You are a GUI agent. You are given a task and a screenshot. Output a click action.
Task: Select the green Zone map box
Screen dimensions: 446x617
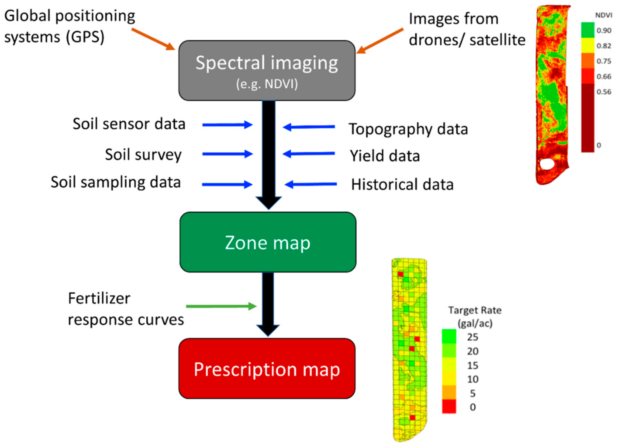[268, 242]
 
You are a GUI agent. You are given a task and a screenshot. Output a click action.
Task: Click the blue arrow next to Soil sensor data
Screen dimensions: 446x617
[227, 125]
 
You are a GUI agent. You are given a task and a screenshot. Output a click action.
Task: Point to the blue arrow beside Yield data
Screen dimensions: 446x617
[309, 154]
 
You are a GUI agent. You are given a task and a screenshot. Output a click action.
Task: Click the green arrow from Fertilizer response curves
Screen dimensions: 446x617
[221, 306]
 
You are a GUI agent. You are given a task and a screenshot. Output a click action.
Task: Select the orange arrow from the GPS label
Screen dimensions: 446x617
[153, 39]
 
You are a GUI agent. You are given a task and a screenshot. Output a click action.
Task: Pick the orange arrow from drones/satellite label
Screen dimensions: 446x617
[380, 41]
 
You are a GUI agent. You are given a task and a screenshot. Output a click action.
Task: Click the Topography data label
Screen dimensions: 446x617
[408, 129]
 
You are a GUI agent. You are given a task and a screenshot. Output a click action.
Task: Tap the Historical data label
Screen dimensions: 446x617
[402, 184]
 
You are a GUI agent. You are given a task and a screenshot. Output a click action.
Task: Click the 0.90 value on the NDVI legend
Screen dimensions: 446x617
[604, 30]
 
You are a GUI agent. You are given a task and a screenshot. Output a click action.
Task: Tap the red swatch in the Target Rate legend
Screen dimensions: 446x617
[449, 406]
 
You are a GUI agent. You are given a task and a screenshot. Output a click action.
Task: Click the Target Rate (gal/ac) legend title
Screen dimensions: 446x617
[475, 317]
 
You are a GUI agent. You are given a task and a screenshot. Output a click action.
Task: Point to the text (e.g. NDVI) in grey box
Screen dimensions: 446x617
[267, 84]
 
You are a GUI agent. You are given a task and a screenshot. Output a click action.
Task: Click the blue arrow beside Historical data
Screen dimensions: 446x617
[311, 184]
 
